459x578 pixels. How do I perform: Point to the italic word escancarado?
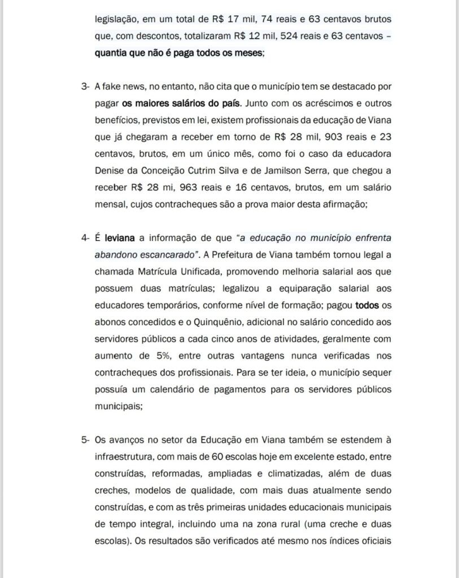click(169, 254)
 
